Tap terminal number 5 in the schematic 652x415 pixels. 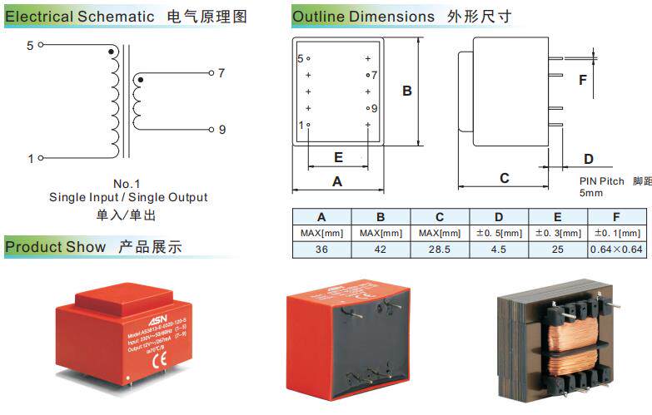[x=30, y=46]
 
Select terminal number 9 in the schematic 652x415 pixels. [x=222, y=129]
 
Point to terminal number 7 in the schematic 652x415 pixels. [x=221, y=73]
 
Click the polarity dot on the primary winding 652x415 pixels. [x=112, y=52]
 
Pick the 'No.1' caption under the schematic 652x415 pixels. [x=127, y=184]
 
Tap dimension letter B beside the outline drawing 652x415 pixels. [x=407, y=91]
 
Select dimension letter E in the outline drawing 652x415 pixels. [x=338, y=157]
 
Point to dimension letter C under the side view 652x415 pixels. [x=505, y=178]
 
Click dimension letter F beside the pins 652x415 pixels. [x=583, y=80]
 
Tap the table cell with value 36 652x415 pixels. [x=321, y=249]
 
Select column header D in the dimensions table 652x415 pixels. [x=499, y=217]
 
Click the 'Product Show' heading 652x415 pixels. [x=56, y=247]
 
